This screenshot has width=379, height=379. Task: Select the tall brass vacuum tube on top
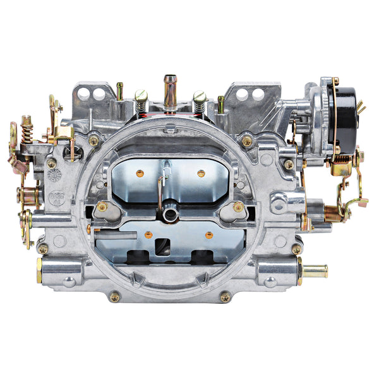click(x=169, y=88)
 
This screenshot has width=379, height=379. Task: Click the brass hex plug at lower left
click(x=39, y=271)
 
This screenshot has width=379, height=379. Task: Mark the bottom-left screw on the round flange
click(x=114, y=296)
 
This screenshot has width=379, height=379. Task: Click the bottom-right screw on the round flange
click(x=224, y=296)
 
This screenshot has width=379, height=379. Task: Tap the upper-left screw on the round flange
click(x=93, y=140)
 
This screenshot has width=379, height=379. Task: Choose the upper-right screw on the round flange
click(x=246, y=140)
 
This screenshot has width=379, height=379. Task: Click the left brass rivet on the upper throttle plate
click(x=140, y=173)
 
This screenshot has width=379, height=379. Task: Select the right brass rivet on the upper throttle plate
click(x=201, y=173)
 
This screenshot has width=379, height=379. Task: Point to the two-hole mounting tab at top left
click(x=90, y=94)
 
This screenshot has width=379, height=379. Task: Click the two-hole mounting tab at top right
click(x=252, y=94)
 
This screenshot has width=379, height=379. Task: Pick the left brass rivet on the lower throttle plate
click(x=148, y=235)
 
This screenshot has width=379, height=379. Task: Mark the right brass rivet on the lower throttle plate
click(x=209, y=235)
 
